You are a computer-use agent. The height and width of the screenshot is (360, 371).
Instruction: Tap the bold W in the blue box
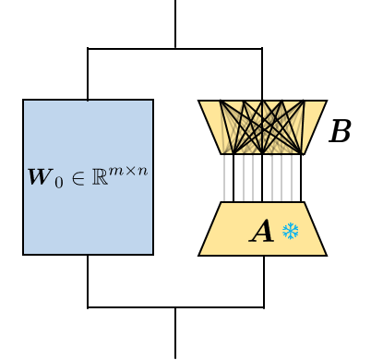coord(40,177)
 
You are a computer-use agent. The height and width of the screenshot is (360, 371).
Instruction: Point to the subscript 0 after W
coord(58,182)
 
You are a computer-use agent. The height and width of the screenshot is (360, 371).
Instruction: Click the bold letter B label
coord(340,133)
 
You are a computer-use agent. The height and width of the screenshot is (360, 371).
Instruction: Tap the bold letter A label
coord(262,232)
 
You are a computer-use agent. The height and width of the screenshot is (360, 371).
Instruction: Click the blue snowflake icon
coord(291,232)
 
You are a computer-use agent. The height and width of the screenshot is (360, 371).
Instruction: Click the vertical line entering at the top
coord(175,23)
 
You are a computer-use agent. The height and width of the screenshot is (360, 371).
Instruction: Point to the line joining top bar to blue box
coord(88,74)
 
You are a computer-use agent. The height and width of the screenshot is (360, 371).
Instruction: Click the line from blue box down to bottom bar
coord(88,281)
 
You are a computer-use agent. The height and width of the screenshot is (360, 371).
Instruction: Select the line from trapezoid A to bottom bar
coord(264,281)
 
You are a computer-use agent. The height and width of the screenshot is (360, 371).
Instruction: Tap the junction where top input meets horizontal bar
coord(175,48)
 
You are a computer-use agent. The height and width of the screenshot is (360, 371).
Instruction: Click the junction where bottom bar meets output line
coord(175,307)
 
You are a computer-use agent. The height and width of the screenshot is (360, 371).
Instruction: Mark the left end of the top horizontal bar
coord(89,48)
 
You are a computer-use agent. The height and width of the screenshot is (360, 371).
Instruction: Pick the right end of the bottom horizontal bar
coord(263,307)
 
